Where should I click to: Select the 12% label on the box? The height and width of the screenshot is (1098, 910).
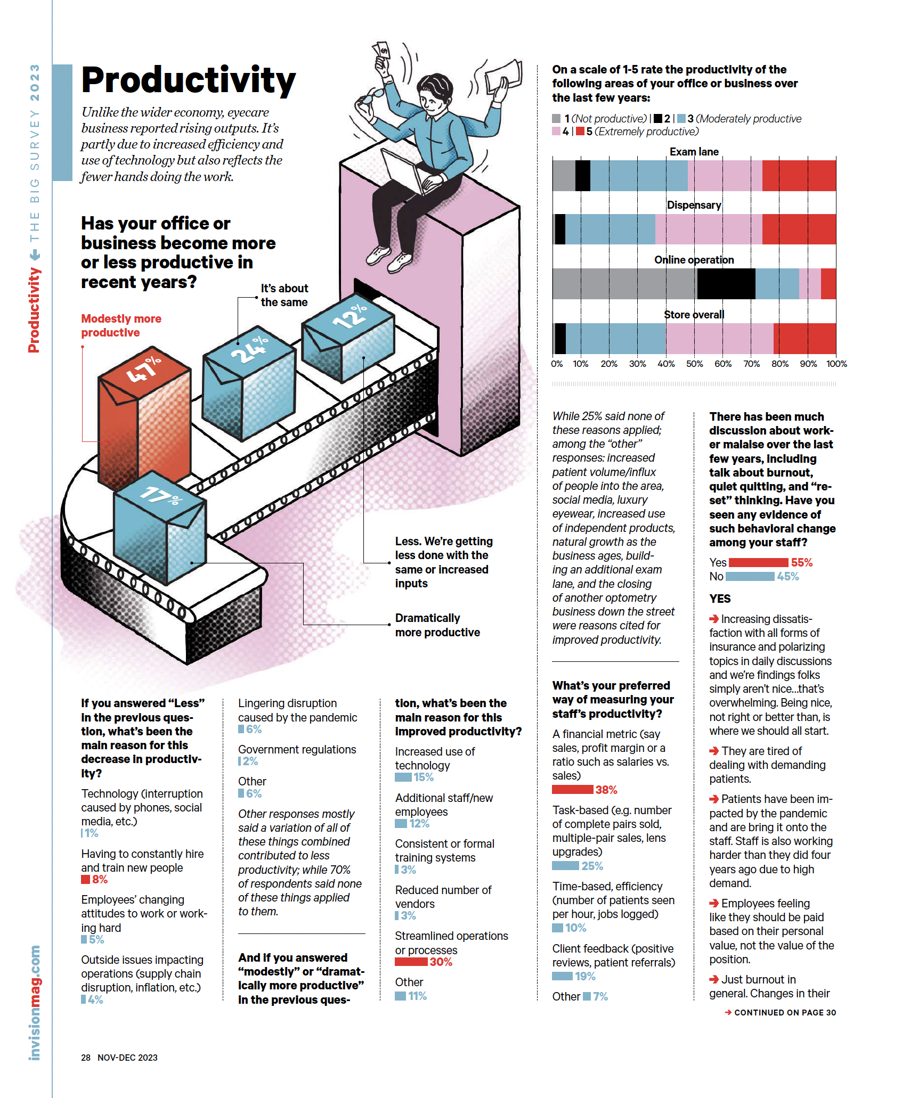point(350,316)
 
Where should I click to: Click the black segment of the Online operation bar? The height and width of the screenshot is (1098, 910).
point(726,284)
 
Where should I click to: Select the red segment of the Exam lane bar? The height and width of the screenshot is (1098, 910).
point(799,176)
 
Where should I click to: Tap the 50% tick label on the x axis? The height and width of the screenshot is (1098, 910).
point(694,364)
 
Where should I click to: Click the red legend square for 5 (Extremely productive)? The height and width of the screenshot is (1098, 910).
point(580,131)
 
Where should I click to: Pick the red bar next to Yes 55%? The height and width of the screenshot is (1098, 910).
point(758,562)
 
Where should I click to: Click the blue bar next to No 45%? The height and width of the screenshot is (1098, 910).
point(750,576)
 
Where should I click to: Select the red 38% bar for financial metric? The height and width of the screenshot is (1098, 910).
point(573,789)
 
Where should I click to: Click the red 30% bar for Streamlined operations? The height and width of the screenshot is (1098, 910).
point(411,962)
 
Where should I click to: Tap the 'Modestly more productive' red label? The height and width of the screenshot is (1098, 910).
point(121,325)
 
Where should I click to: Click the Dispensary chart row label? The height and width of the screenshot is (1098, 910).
point(694,205)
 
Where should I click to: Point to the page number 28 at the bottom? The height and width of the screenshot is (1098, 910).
point(86,1058)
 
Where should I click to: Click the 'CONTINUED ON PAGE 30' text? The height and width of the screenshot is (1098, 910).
point(785,1012)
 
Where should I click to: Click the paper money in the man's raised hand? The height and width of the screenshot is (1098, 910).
point(381,51)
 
